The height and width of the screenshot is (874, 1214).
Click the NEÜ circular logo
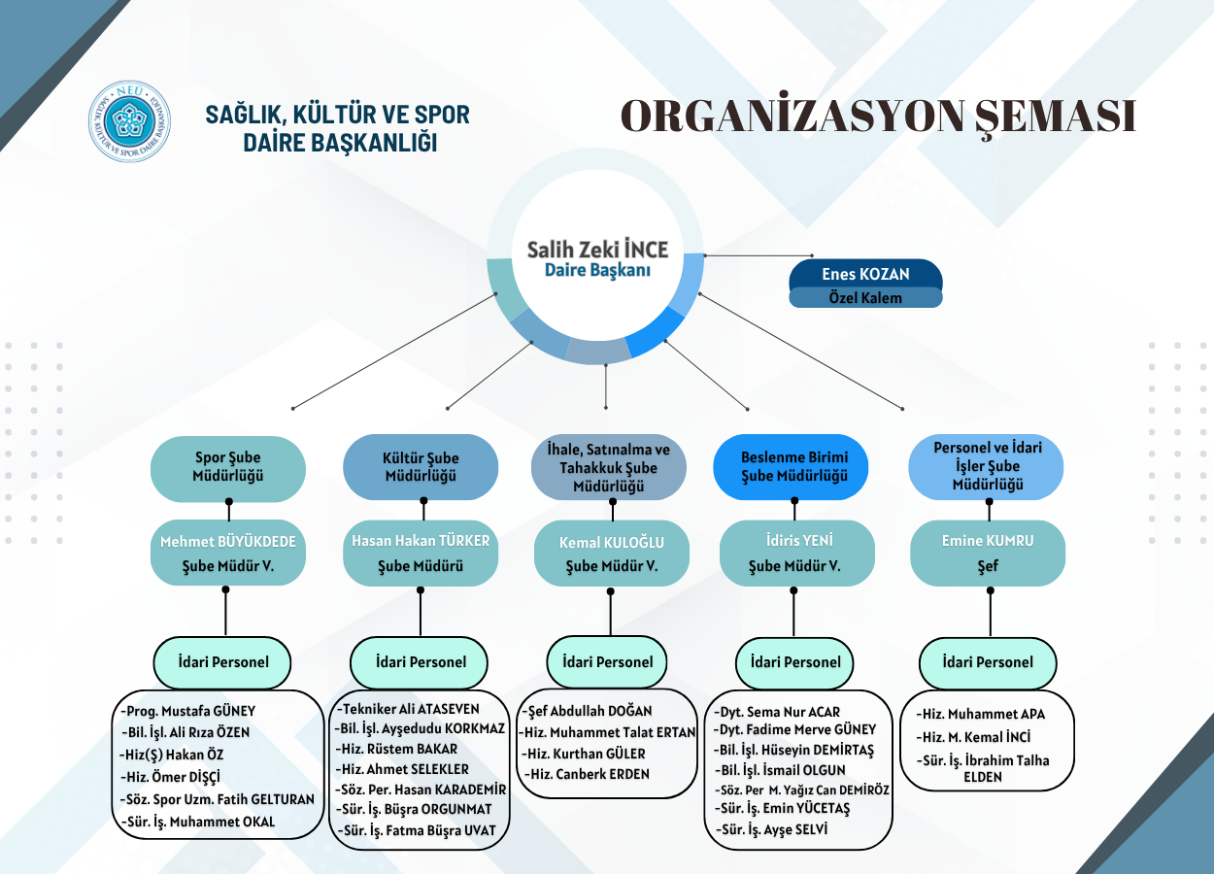129,121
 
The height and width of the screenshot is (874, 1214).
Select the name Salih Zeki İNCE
598,250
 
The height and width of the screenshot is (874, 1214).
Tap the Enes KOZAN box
865,274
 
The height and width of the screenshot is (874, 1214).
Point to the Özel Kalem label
865,298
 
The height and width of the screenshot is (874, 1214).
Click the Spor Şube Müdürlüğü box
228,467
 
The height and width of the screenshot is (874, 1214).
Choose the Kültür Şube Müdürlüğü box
421,467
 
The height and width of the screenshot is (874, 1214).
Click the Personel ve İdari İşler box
986,467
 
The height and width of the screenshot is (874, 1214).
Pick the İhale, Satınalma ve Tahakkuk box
609,467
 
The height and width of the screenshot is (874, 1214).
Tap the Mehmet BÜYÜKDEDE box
228,553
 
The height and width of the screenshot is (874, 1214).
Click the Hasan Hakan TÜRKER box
421,553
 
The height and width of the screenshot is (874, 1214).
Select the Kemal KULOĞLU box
612,553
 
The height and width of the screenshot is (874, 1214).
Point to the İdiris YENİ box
797,553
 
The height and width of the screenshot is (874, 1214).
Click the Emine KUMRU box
988,553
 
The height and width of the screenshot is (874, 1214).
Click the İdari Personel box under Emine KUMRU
988,662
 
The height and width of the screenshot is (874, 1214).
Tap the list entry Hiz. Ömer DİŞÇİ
171,777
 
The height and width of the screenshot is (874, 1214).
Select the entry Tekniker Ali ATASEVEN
408,709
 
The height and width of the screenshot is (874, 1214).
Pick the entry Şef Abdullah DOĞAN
588,710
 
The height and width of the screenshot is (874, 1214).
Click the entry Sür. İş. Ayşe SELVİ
772,829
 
